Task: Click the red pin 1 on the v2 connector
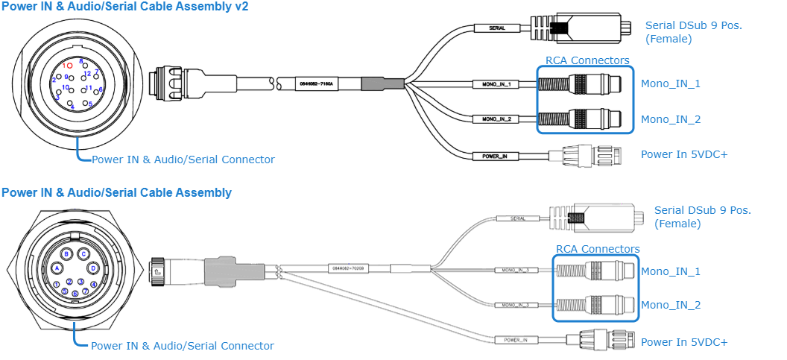[69, 66]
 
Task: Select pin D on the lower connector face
[93, 268]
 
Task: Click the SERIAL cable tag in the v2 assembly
[497, 28]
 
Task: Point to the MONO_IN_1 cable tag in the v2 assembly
[496, 84]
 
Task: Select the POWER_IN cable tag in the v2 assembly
[495, 157]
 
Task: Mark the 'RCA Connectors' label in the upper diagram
[587, 60]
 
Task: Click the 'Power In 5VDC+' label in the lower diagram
[684, 342]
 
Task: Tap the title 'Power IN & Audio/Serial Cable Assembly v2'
[124, 6]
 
